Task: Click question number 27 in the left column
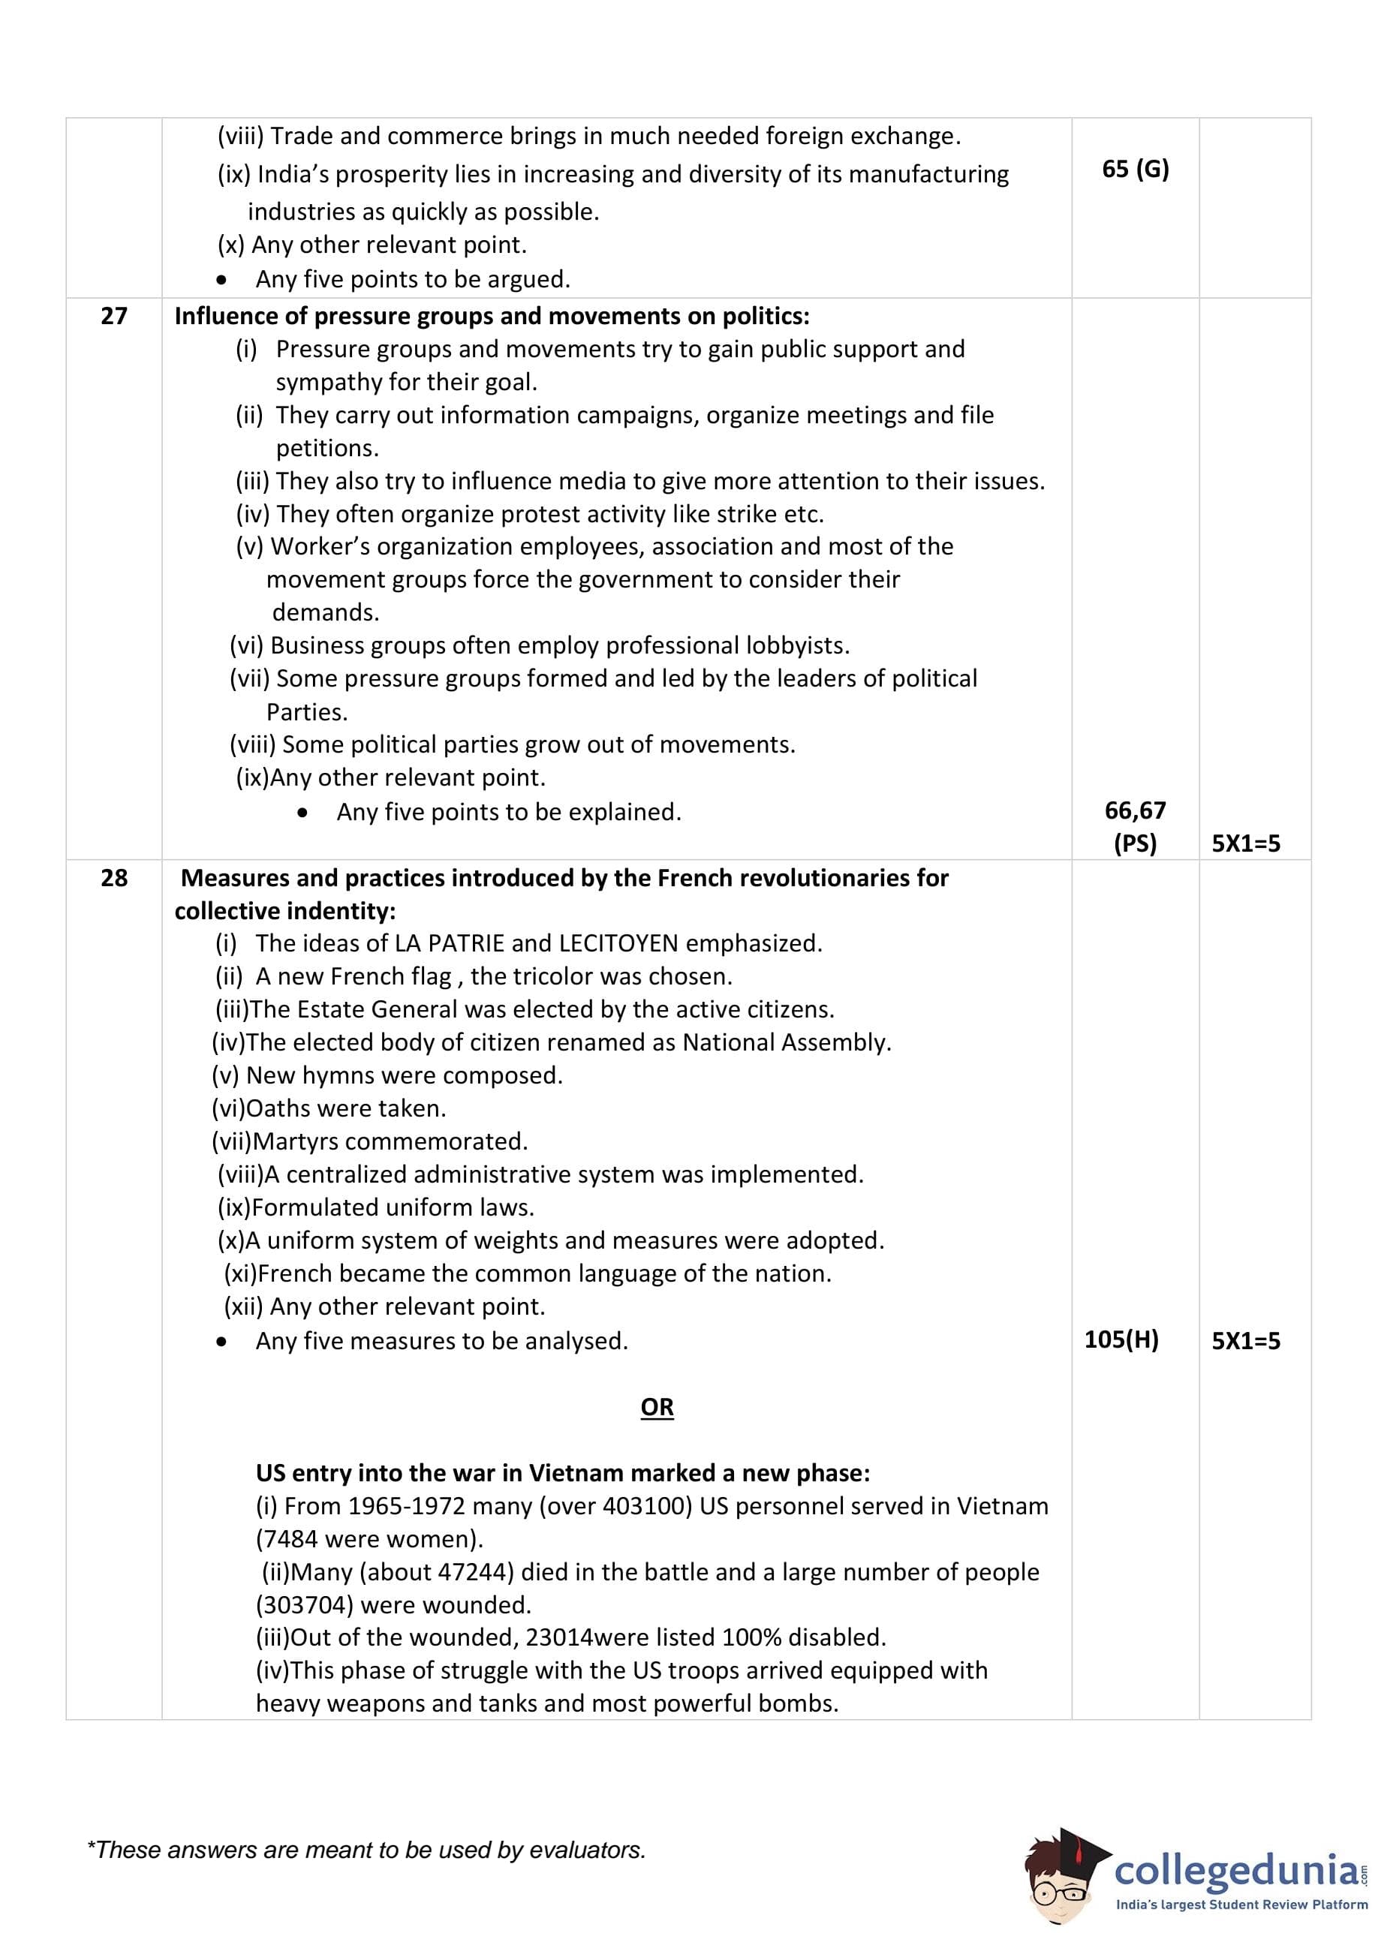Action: pyautogui.click(x=113, y=315)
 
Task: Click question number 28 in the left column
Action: pyautogui.click(x=113, y=877)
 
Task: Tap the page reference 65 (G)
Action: pyautogui.click(x=1135, y=169)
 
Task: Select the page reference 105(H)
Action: pyautogui.click(x=1121, y=1339)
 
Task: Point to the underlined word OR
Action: pyautogui.click(x=657, y=1406)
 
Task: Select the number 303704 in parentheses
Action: pyautogui.click(x=306, y=1605)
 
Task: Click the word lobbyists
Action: pyautogui.click(x=797, y=645)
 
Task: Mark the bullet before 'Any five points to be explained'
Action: pyautogui.click(x=304, y=813)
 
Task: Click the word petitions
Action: pyautogui.click(x=326, y=448)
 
